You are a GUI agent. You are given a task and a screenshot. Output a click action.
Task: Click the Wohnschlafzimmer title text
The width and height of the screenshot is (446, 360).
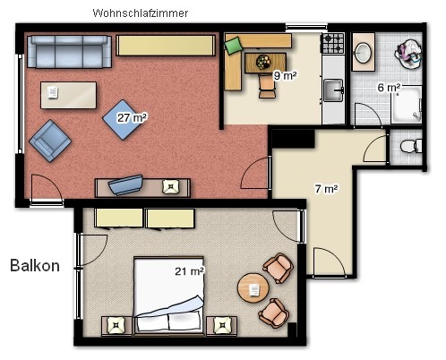point(141,13)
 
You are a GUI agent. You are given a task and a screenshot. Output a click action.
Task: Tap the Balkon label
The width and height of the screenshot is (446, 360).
point(35,265)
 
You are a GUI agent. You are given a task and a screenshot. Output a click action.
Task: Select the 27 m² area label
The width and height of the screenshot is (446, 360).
point(132,117)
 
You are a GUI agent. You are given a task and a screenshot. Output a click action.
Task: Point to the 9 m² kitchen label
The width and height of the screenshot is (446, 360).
point(285,75)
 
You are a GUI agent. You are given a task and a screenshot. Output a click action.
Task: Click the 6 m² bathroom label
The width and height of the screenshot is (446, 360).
point(389,88)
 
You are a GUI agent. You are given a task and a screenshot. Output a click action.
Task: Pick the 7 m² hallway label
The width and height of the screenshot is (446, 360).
point(327,189)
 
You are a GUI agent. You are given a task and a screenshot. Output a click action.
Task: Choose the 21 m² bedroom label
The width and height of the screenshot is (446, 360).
point(190,271)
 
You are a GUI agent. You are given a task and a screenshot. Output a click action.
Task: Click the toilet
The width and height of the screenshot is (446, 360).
point(411,146)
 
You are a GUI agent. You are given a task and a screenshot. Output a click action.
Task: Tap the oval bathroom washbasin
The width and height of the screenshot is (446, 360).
point(364,53)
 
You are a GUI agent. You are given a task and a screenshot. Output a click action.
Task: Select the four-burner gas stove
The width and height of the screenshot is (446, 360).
point(333,43)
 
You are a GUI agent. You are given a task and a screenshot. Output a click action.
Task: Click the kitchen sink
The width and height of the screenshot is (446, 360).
point(333,90)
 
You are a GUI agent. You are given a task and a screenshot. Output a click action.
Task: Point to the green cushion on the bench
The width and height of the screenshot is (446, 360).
point(233,46)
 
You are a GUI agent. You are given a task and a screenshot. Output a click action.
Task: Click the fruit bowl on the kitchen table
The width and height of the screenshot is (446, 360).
point(263,62)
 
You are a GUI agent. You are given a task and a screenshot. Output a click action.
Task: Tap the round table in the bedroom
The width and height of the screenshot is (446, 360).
point(253,288)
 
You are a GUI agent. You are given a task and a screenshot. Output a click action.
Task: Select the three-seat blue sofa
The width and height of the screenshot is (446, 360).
point(69,52)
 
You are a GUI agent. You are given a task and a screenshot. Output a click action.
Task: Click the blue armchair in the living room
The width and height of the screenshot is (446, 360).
point(50,141)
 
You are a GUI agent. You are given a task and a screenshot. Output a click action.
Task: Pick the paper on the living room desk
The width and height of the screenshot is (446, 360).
point(53,92)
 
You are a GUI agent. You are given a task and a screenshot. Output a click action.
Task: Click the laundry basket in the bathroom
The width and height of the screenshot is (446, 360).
point(408,55)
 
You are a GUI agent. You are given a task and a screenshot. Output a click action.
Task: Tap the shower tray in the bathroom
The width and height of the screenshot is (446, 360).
point(407,105)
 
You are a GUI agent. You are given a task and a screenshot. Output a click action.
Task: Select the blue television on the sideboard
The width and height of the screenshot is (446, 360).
point(125,184)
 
